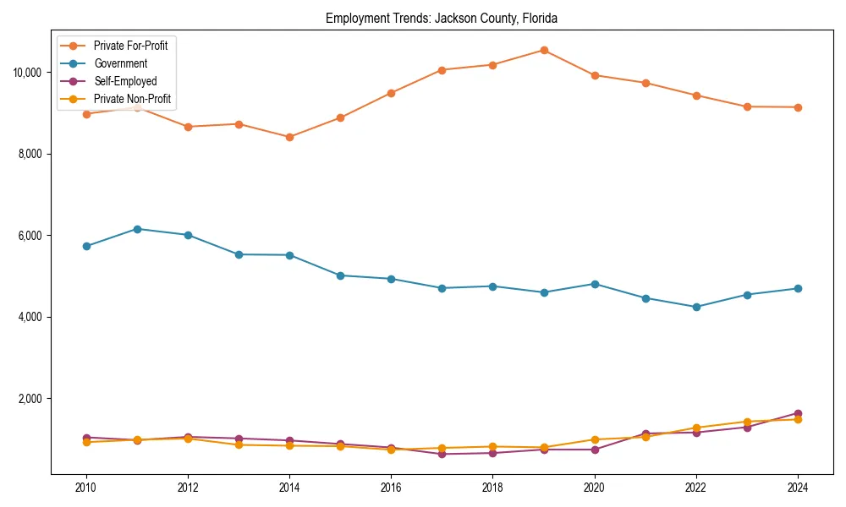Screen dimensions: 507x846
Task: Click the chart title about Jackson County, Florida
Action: pos(441,18)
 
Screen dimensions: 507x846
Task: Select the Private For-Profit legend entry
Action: pos(130,46)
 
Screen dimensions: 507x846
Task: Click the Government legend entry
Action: pos(120,63)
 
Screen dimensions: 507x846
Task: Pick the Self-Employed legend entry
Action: pos(125,81)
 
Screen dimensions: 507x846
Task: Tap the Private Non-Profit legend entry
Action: pos(132,99)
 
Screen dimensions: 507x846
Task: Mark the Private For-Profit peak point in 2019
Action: pos(544,50)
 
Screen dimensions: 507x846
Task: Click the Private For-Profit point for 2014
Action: pos(289,137)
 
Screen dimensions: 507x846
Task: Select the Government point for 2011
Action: pos(137,229)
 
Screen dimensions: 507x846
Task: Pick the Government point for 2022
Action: pos(696,307)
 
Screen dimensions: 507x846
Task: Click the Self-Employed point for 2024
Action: pos(798,413)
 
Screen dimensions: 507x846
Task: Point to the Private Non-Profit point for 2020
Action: pos(595,439)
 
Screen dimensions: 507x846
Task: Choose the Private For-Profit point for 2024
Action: pos(798,107)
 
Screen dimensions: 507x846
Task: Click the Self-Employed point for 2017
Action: pos(442,454)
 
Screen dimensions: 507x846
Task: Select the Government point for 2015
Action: pos(340,275)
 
